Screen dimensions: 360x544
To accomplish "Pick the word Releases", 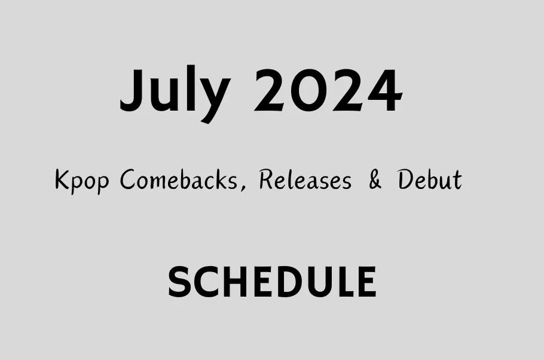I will click(x=305, y=179).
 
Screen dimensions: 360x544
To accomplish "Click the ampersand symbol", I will click(x=375, y=180).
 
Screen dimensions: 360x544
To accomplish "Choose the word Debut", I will click(x=430, y=179).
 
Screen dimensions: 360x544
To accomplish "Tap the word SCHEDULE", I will click(x=272, y=282).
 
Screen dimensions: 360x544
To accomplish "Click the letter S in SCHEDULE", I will click(x=180, y=282).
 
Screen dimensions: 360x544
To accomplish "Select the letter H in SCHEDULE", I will click(x=234, y=282).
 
